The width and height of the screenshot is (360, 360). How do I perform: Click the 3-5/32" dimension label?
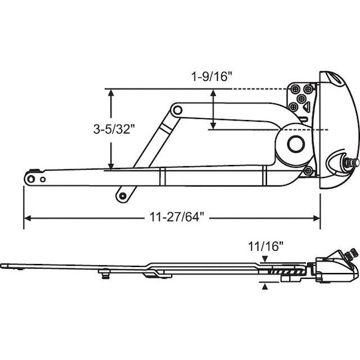[x=113, y=129]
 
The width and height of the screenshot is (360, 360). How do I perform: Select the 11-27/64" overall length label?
[x=177, y=217]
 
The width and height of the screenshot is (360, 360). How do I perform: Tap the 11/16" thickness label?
[x=266, y=247]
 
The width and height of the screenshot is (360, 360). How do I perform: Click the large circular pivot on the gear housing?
[x=296, y=144]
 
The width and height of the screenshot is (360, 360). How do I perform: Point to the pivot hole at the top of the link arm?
[x=177, y=110]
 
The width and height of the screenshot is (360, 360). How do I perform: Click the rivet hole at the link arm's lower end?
[x=123, y=196]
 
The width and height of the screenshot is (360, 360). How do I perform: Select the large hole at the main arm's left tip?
[x=31, y=179]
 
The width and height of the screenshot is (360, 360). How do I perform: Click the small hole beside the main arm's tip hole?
[x=43, y=179]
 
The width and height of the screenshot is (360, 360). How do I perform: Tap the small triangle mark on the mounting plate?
[x=307, y=106]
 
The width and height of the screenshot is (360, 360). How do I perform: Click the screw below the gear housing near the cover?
[x=308, y=170]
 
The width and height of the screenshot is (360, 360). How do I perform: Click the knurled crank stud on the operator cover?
[x=350, y=163]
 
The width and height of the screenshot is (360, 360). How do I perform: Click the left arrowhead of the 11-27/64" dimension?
[x=27, y=218]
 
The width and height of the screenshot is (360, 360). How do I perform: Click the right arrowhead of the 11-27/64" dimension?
[x=317, y=218]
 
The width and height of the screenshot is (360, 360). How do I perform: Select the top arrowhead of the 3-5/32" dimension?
[x=111, y=93]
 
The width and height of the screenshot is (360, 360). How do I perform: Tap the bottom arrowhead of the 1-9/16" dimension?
[x=213, y=126]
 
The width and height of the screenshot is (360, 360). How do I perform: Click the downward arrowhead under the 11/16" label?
[x=265, y=259]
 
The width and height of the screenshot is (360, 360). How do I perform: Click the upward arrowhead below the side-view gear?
[x=265, y=287]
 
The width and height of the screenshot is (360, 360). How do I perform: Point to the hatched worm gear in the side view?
[x=287, y=272]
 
